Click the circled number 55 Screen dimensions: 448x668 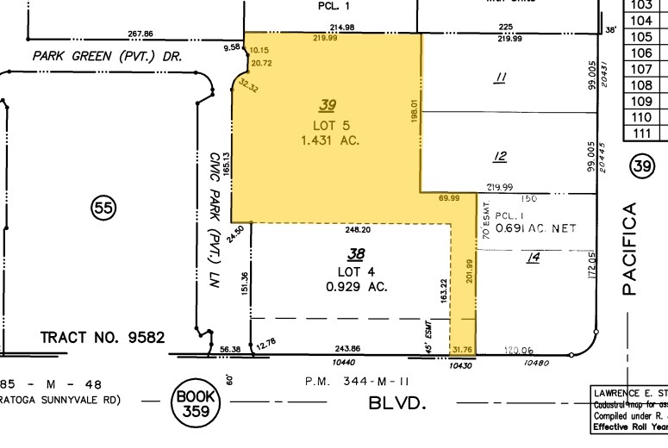coord(103,207)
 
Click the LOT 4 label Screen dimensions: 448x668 coord(355,271)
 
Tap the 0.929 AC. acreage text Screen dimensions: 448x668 coord(356,287)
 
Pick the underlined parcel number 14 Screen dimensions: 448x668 coord(533,256)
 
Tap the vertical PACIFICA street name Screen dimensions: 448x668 coord(630,249)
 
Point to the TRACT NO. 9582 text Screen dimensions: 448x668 coord(103,337)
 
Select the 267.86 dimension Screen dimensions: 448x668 coord(140,34)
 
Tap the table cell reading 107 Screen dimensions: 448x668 coord(641,69)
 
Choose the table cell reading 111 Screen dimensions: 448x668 coord(641,133)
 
